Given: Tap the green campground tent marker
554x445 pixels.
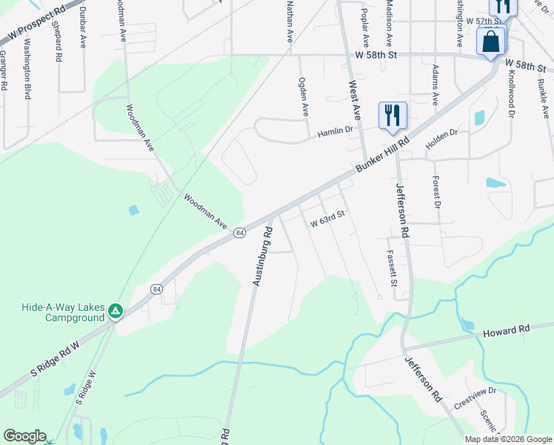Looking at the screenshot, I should click(x=115, y=311).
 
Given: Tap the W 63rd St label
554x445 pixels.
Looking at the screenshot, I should click(x=328, y=221).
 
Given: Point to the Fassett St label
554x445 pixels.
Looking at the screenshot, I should click(x=392, y=268).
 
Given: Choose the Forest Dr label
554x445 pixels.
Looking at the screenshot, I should click(x=437, y=191).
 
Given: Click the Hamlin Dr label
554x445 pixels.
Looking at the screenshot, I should click(x=336, y=131).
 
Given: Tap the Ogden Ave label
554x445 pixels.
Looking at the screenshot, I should click(x=303, y=96).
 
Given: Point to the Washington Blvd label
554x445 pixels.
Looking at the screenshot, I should click(x=27, y=81).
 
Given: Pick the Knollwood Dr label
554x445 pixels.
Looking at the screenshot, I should click(x=511, y=100).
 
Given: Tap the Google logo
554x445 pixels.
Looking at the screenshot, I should click(x=24, y=436).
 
